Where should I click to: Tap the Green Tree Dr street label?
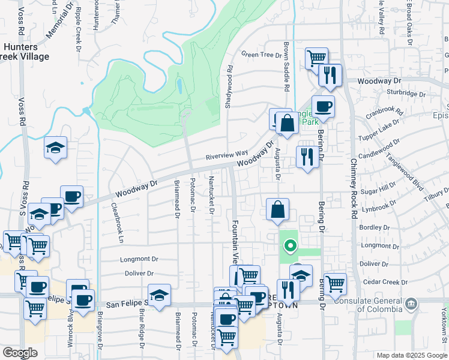click(261, 55)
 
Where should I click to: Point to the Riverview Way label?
click(227, 154)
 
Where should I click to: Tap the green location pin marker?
click(291, 245)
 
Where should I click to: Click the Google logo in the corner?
click(20, 353)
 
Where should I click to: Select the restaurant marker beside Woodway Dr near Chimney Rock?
click(330, 75)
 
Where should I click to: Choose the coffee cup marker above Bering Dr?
click(323, 107)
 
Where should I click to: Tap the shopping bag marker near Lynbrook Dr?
click(277, 210)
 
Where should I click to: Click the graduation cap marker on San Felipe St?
click(159, 296)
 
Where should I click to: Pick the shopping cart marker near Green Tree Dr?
click(316, 59)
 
